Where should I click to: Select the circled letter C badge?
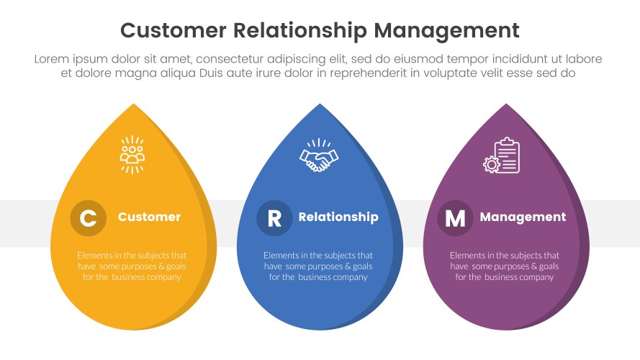(88, 218)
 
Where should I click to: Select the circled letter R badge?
(274, 218)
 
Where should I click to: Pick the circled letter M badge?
(455, 218)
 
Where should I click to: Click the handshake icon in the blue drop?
(320, 156)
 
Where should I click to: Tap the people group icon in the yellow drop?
(132, 155)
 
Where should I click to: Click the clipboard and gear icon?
(502, 156)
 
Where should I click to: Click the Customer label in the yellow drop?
(149, 217)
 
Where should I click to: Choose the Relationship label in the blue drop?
(338, 217)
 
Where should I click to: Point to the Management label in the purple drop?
(523, 217)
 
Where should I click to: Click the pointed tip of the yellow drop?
(134, 106)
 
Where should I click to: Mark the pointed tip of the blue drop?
(320, 106)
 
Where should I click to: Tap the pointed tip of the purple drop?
(507, 106)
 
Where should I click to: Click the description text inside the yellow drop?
(132, 266)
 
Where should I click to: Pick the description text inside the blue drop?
(318, 266)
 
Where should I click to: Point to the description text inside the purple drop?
(505, 266)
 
